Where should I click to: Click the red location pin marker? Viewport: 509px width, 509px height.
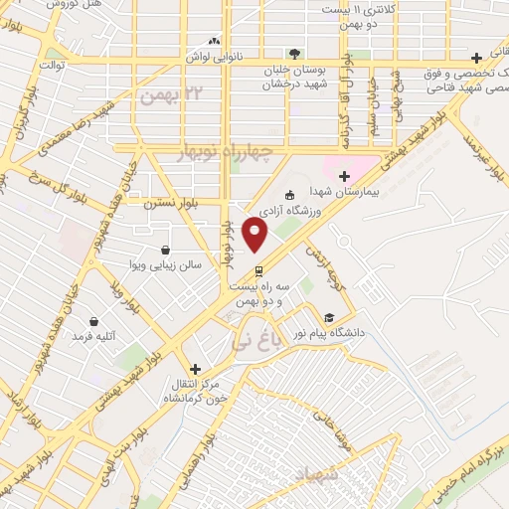(255, 236)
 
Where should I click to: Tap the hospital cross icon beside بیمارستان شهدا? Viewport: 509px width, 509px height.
(344, 176)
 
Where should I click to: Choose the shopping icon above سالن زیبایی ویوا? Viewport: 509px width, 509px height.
(163, 251)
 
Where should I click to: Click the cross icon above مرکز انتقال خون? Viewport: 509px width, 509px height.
(195, 368)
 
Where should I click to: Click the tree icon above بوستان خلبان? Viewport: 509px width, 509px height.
(293, 53)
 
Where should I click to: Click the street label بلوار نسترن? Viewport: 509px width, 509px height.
(172, 202)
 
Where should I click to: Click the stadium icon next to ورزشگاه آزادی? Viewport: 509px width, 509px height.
(289, 195)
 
